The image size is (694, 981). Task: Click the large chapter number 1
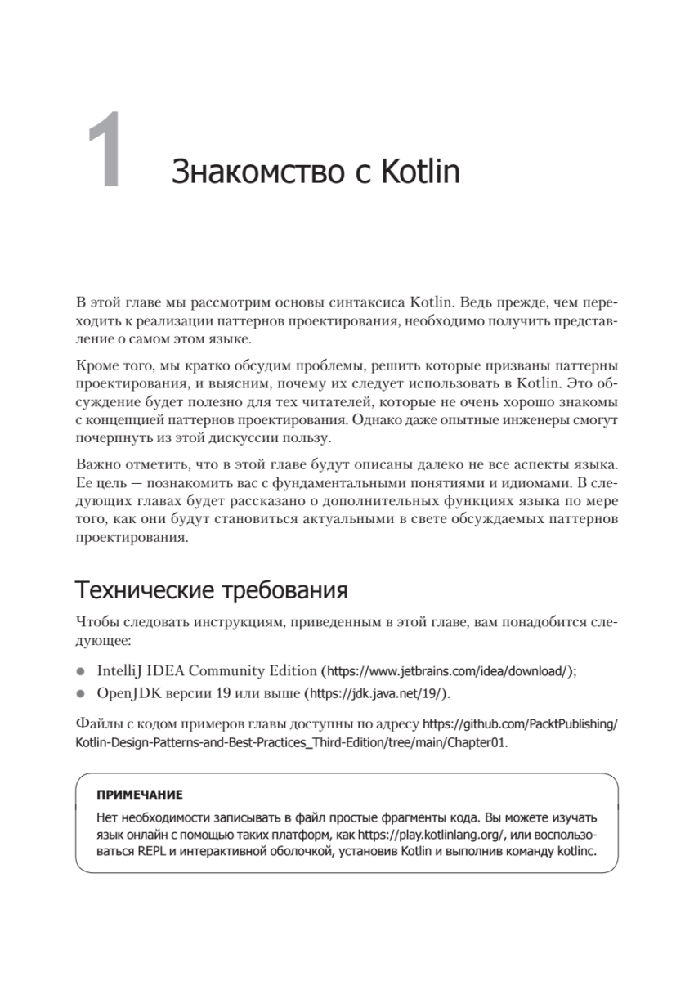point(105,153)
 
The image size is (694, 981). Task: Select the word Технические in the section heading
point(140,589)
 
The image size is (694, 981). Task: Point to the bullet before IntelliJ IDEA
point(80,671)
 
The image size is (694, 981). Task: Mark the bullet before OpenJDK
point(80,693)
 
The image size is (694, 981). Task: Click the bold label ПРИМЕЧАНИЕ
point(139,794)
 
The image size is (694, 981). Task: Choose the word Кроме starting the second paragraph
point(96,363)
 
